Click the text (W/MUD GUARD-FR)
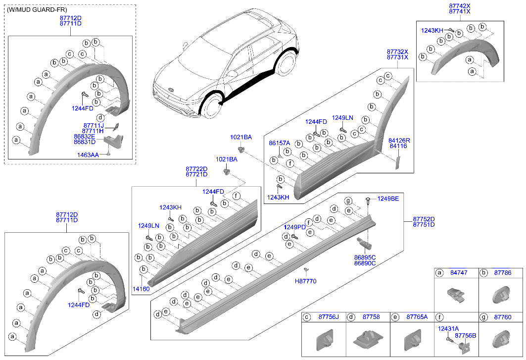(x=38, y=10)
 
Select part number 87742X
(x=460, y=5)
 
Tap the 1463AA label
(x=88, y=155)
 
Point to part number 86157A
(x=279, y=143)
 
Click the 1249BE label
(x=388, y=199)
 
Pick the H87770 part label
(x=305, y=281)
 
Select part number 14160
(x=141, y=288)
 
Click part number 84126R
(x=399, y=141)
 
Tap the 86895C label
(x=365, y=257)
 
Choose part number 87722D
(x=196, y=169)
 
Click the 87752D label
(x=424, y=219)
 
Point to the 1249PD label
(x=294, y=227)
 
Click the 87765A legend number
(x=417, y=316)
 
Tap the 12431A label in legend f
(x=448, y=328)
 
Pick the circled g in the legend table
(x=483, y=316)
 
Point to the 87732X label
(x=397, y=51)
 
